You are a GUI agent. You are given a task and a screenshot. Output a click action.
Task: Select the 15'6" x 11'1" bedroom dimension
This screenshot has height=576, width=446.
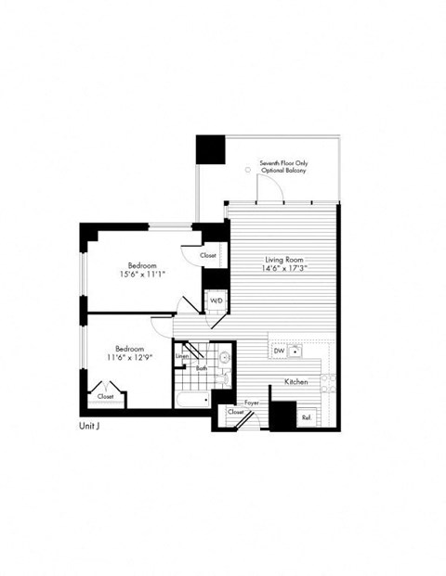pos(141,275)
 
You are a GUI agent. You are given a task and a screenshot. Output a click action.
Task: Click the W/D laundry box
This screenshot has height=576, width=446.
pos(216,301)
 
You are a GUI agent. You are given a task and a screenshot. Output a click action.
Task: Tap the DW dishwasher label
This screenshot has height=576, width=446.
pos(279,351)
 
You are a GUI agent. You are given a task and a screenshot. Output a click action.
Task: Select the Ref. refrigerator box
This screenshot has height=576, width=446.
pos(306,418)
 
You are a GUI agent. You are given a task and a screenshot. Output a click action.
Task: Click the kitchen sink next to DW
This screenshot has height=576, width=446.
pos(295,352)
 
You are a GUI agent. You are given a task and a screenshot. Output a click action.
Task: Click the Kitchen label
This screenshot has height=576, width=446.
pos(296,382)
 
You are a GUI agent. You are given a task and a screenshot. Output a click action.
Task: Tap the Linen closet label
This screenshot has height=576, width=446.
pos(183,355)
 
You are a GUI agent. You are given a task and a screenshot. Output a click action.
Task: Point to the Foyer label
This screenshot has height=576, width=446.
pos(251,403)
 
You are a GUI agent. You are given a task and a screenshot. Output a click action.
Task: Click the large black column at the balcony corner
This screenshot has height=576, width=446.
pos(210,150)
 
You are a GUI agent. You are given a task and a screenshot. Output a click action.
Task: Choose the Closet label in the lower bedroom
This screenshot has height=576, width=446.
pos(106,396)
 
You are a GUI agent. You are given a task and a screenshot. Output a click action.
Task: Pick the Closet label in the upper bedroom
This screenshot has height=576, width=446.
pos(208,254)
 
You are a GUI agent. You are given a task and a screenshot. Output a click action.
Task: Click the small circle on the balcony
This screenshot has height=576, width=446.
pos(246,171)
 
